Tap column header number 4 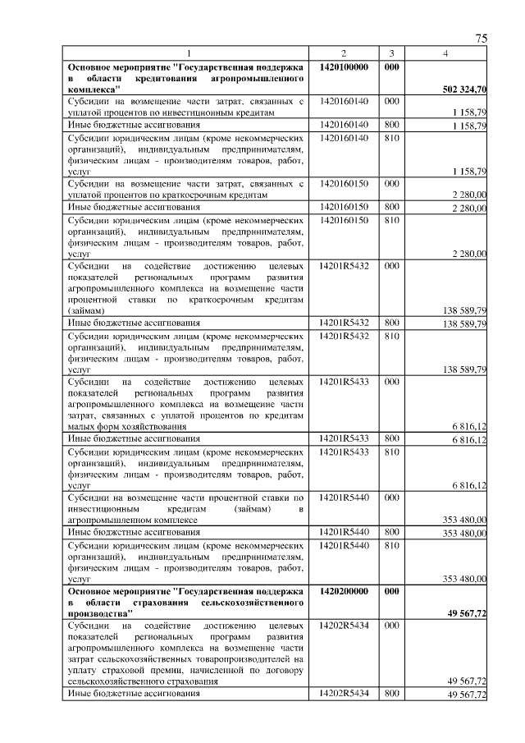445,53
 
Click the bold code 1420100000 344,65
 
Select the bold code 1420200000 344,590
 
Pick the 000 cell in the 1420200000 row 391,590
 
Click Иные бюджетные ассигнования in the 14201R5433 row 134,439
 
